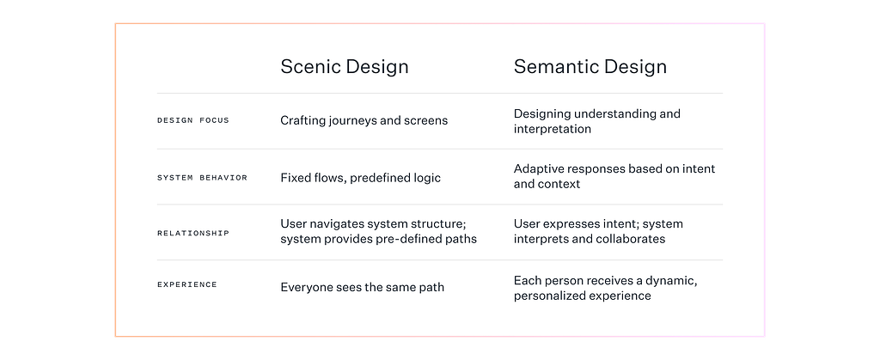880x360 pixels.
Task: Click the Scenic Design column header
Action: click(345, 67)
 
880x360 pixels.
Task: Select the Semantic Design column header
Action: click(590, 67)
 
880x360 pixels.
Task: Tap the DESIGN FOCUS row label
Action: click(193, 120)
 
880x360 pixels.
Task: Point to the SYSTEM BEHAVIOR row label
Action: click(202, 178)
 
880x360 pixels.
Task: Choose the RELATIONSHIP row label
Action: click(193, 234)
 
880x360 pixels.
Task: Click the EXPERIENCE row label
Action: click(186, 284)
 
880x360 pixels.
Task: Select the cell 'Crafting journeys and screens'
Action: click(364, 120)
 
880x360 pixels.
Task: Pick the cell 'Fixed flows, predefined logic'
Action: click(361, 178)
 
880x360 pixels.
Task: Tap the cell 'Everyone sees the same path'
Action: click(363, 288)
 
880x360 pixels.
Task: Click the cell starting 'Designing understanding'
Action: click(597, 121)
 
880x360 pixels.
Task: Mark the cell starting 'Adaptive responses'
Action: click(614, 176)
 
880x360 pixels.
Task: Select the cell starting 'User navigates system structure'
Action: click(379, 231)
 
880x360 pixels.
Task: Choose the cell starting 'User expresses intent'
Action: click(598, 231)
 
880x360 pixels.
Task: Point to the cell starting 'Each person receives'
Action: click(606, 288)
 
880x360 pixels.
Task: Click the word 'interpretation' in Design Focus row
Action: click(553, 129)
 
